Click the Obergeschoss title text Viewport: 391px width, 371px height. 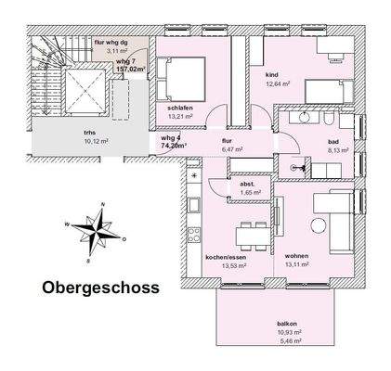[101, 288]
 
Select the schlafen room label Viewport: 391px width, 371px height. [180, 109]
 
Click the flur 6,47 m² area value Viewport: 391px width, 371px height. [231, 148]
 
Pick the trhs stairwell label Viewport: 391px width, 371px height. [90, 133]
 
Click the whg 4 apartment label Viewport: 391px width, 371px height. [170, 137]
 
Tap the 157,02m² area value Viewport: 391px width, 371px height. [133, 68]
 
